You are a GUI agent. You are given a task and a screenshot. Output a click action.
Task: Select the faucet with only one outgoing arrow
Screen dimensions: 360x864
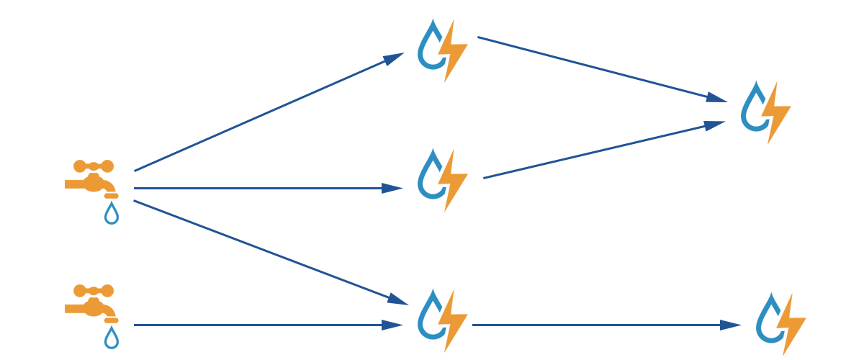click(x=92, y=302)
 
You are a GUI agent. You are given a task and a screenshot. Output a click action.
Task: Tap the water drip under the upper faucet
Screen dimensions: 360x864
click(x=111, y=214)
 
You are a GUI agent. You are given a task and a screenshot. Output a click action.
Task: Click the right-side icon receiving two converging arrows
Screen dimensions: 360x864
click(x=765, y=111)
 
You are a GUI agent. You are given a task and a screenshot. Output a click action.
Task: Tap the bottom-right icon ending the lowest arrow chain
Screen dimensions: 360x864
click(x=780, y=323)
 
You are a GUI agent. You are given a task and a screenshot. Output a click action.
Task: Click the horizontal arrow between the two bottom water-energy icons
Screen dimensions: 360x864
click(x=605, y=325)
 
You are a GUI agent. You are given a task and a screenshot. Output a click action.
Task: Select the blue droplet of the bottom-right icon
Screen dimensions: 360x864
click(x=769, y=320)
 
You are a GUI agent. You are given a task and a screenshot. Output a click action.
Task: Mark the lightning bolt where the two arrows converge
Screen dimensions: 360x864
click(x=778, y=112)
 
